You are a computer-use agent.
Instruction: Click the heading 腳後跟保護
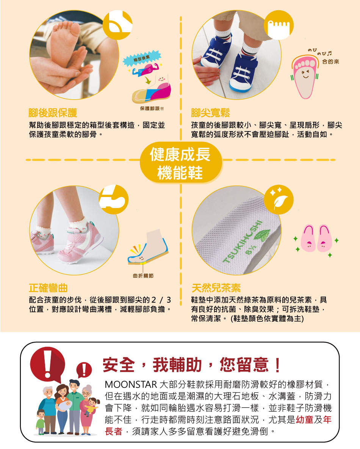pos(53,113)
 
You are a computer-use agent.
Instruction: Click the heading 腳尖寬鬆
pos(210,113)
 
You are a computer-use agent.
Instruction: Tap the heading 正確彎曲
pos(48,288)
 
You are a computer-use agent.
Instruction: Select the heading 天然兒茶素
pos(216,288)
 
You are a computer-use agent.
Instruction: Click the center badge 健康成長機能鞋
pos(180,163)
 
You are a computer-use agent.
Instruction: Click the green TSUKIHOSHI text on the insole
pos(242,242)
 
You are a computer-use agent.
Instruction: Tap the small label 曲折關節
pos(143,275)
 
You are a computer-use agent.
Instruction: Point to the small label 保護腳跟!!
pos(152,108)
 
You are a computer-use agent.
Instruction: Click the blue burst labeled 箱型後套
pos(142,58)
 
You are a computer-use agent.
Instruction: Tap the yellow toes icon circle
pos(279,25)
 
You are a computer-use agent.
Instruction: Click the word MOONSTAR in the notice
pos(131,384)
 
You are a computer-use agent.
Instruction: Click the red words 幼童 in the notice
pos(305,419)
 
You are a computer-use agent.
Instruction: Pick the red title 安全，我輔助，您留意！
pos(192,365)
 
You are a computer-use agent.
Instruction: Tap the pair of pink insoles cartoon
pos(316,238)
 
